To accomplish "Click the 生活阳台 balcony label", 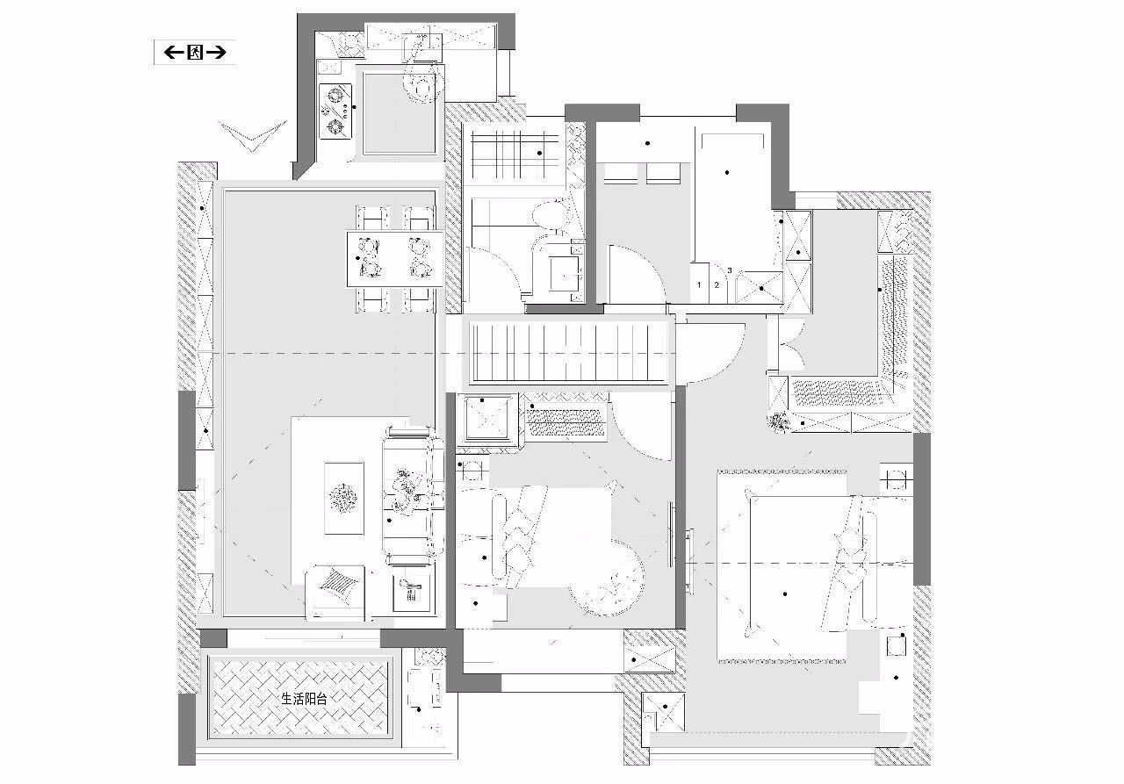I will coord(303,700).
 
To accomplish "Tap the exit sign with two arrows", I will coord(194,53).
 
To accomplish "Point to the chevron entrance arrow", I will coord(253,134).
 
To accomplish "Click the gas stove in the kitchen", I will coord(335,111).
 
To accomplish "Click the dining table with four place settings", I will coord(396,258).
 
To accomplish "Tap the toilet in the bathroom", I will coord(551,216).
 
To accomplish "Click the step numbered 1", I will coord(700,284).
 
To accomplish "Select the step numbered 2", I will coord(717,284).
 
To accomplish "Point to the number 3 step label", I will coord(730,270).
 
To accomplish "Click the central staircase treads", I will coord(571,351).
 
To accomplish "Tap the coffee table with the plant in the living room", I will coord(342,498).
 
